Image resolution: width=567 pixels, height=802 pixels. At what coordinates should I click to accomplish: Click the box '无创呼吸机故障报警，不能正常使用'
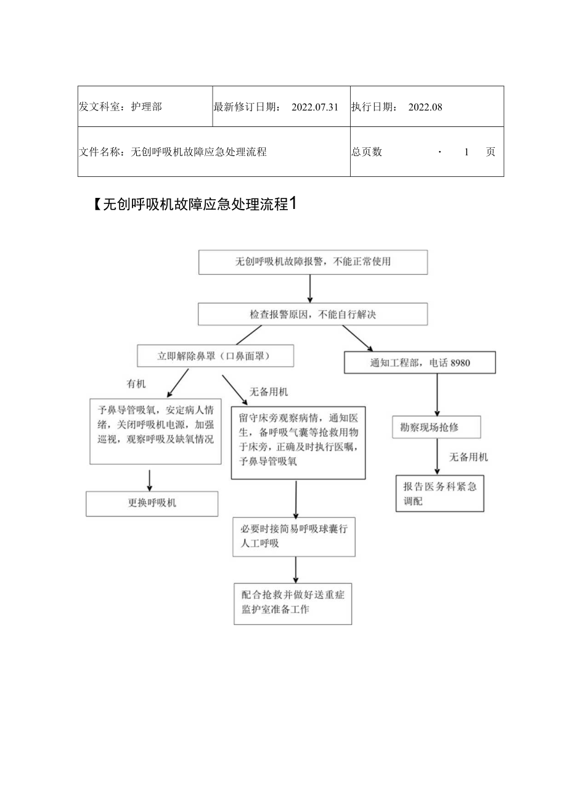312,262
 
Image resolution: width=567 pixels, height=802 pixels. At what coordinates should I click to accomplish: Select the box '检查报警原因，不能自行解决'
312,314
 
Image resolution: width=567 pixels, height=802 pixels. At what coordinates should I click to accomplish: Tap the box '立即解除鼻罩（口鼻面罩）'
215,356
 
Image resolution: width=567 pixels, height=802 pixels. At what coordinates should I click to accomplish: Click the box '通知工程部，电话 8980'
420,362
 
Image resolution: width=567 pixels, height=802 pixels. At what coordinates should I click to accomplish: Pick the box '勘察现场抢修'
436,427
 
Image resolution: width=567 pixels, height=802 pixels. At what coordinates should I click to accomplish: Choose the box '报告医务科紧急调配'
439,493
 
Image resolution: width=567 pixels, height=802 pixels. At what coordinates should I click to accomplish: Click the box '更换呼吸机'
152,503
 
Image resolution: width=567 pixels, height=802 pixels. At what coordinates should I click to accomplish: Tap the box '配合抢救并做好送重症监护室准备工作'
293,604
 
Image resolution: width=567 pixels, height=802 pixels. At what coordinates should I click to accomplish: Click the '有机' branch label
136,384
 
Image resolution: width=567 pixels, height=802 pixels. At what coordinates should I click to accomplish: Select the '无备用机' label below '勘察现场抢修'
468,457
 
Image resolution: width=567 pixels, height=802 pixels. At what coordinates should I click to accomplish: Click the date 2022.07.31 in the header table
315,107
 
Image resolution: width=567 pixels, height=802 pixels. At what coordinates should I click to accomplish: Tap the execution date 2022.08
425,107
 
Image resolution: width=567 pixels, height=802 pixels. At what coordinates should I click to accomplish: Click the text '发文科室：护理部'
121,107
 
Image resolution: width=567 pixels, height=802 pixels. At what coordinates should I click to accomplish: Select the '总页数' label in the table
367,152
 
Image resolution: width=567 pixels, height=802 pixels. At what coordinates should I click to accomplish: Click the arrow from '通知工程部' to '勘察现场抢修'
437,395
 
